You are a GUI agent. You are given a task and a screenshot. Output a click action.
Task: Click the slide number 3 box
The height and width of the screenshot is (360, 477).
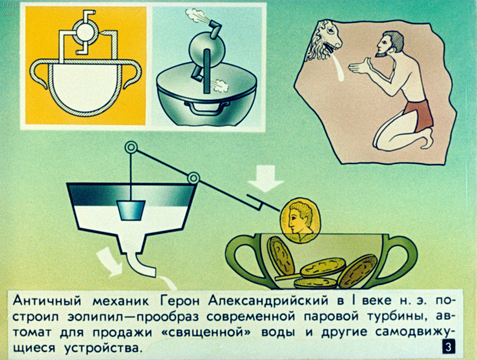tap(449, 347)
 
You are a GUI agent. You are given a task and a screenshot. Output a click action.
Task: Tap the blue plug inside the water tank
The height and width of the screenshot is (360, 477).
tap(131, 210)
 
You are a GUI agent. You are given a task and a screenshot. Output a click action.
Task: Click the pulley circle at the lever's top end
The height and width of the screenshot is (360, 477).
tap(131, 147)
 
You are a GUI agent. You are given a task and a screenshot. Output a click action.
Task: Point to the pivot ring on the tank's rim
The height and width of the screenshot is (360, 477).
tap(193, 178)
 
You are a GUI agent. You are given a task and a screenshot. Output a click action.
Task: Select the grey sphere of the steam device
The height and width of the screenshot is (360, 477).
tap(207, 49)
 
